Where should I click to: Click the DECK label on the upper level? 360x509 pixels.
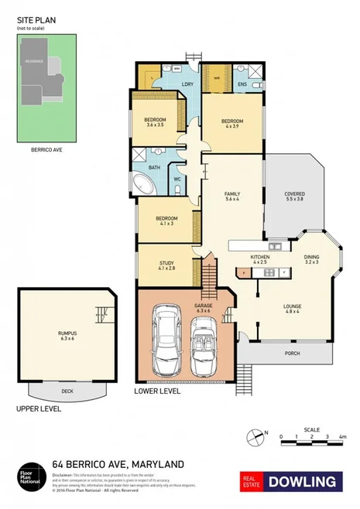(67, 391)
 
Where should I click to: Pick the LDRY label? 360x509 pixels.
(187, 84)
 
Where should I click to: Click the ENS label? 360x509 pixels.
(242, 84)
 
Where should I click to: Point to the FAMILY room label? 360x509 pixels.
(231, 194)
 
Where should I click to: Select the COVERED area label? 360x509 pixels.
(294, 195)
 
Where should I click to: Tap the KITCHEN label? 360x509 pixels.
(258, 258)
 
